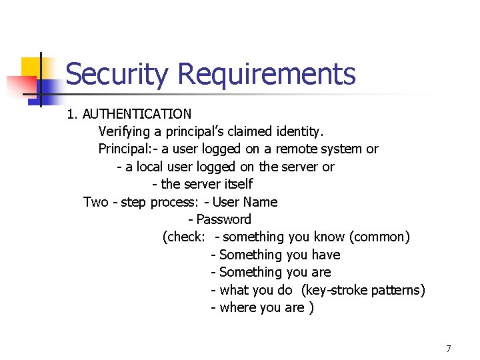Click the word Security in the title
117,74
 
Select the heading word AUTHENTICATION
137,114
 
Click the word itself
235,184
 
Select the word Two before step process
95,201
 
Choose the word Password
224,219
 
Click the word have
325,255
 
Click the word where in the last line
236,307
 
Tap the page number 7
449,349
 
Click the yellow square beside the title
33,67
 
